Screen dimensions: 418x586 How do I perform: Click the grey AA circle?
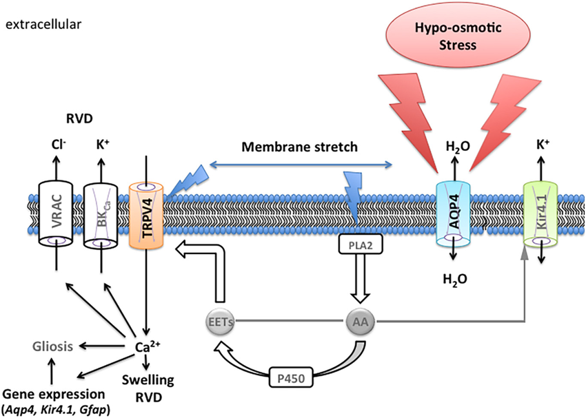(x=358, y=321)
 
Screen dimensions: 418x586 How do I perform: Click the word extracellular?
(x=43, y=25)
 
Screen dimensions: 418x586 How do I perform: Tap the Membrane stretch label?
(x=300, y=147)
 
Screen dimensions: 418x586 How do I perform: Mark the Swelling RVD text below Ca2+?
(x=145, y=387)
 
